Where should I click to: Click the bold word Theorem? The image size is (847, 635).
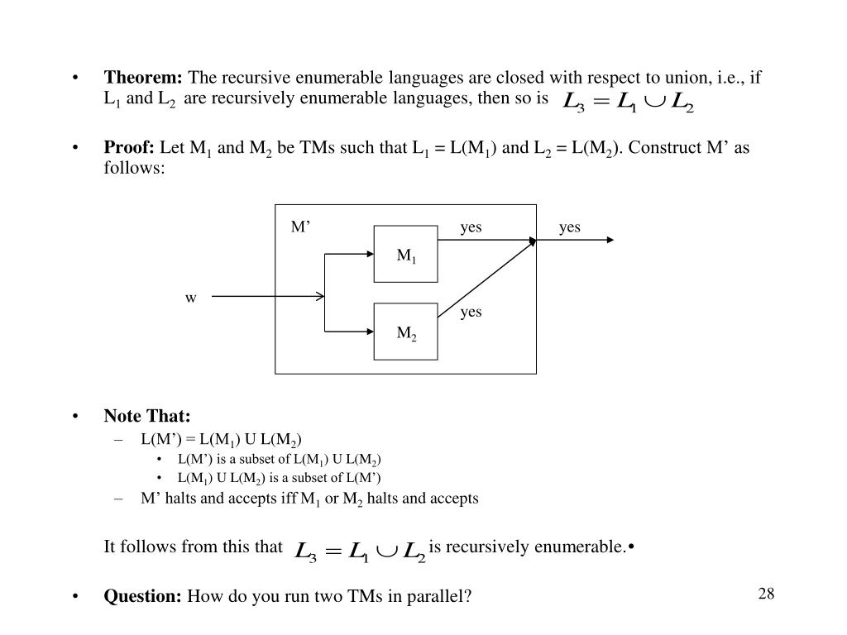[x=143, y=79]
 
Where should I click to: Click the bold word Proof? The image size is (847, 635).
[x=129, y=148]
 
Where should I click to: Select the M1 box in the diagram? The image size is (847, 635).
[x=405, y=255]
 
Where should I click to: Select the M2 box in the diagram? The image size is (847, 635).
[x=405, y=332]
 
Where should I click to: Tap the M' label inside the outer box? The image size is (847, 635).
[x=299, y=227]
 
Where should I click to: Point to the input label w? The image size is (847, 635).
[x=190, y=298]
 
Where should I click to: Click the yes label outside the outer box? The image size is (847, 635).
[x=570, y=227]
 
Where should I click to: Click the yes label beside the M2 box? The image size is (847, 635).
[x=471, y=312]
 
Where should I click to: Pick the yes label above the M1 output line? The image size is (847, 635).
[x=471, y=227]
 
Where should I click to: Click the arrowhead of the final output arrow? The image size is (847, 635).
[x=610, y=241]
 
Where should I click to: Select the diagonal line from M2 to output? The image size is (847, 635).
[x=486, y=278]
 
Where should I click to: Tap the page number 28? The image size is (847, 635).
[x=765, y=594]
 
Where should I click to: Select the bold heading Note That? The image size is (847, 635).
[x=146, y=416]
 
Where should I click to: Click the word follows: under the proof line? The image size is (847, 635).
[x=134, y=168]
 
